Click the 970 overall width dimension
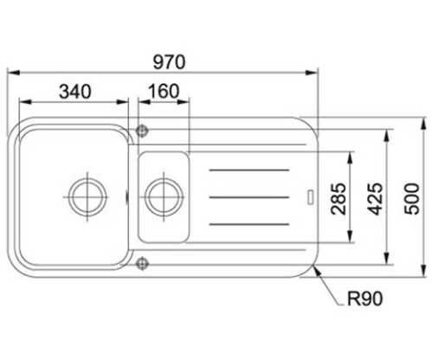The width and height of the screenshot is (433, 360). point(169,62)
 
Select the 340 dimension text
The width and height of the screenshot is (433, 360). point(75,92)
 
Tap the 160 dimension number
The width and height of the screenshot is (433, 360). point(164,91)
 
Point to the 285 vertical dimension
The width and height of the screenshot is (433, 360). point(339,199)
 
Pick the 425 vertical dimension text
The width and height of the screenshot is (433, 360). point(376,199)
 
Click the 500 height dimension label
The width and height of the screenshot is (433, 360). point(411,199)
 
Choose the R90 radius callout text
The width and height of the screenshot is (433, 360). point(365,299)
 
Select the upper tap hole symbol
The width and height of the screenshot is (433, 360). point(142,131)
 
